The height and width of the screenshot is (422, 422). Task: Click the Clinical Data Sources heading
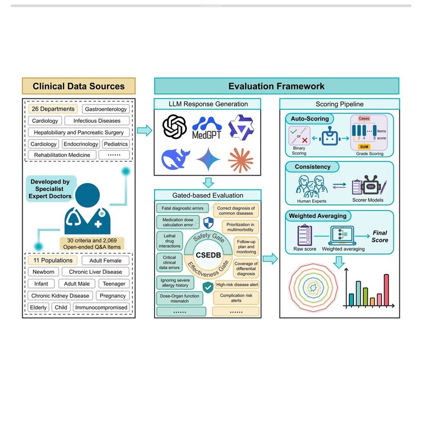(79, 86)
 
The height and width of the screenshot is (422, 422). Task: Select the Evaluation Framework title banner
(276, 86)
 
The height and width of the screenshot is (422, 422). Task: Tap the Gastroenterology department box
(106, 109)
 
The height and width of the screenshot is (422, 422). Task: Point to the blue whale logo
(175, 159)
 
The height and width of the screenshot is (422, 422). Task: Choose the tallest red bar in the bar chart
(386, 290)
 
